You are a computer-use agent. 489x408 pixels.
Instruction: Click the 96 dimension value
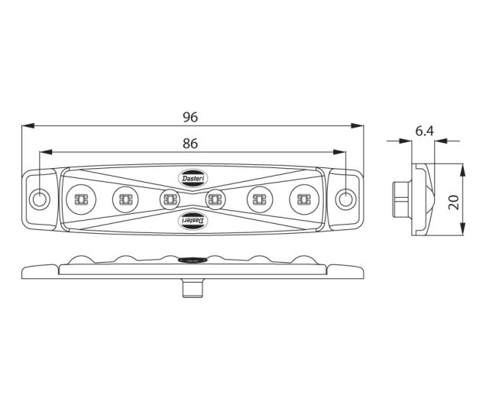pyautogui.click(x=190, y=117)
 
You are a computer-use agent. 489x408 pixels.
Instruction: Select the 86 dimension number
pyautogui.click(x=191, y=143)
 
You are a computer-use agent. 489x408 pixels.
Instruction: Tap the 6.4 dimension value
pyautogui.click(x=424, y=132)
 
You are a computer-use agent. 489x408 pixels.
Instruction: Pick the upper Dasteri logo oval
pyautogui.click(x=192, y=178)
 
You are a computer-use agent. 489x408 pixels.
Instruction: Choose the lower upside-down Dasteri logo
pyautogui.click(x=192, y=220)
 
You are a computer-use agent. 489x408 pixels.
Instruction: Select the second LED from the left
pyautogui.click(x=124, y=200)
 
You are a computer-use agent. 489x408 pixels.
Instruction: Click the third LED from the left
pyautogui.click(x=170, y=200)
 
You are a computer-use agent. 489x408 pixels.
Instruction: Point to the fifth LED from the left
pyautogui.click(x=260, y=200)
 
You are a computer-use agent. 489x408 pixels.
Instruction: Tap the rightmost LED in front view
pyautogui.click(x=303, y=200)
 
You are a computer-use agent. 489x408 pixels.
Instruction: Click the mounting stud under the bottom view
pyautogui.click(x=192, y=288)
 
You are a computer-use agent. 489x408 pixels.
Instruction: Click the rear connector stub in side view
pyautogui.click(x=400, y=200)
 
